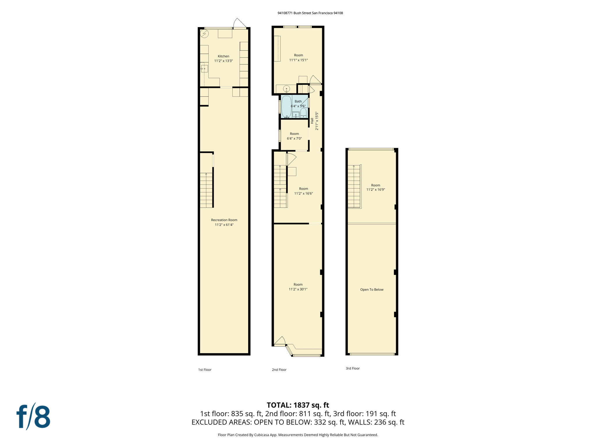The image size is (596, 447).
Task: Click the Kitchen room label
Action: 223,56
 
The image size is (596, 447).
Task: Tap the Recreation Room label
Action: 224,220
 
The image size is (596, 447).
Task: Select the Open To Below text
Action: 372,290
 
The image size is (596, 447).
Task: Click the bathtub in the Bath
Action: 286,106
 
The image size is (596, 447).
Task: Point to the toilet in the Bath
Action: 303,113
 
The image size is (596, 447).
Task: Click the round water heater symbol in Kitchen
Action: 205,34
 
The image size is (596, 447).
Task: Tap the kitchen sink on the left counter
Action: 204,69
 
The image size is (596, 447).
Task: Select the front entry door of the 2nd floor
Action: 280,341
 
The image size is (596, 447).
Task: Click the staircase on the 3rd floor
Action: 354,186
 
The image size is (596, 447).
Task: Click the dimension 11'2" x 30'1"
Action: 298,289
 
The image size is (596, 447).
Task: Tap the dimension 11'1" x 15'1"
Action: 298,60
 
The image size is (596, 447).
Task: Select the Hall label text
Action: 312,121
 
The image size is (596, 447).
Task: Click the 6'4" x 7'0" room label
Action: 294,136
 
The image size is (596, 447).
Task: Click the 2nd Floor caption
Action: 279,370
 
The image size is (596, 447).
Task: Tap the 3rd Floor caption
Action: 352,368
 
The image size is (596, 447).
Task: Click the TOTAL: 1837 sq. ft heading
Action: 298,405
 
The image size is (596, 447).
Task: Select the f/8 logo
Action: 33,416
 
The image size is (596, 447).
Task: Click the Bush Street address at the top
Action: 310,13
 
